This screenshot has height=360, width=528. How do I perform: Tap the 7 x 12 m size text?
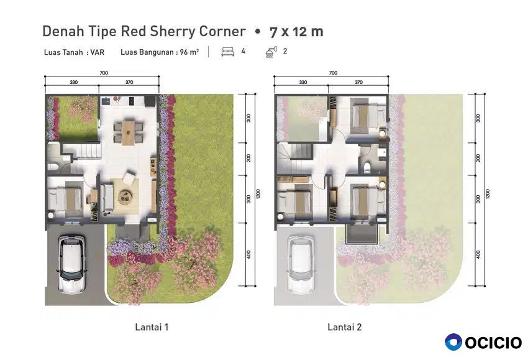(x=296, y=32)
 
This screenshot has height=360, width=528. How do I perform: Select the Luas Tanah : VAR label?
(x=74, y=52)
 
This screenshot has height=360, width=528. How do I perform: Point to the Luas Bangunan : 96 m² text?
(x=160, y=52)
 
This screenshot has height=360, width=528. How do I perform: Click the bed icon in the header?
(x=228, y=52)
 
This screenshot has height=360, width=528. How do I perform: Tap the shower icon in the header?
(x=271, y=52)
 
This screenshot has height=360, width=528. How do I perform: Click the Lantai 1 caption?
(x=152, y=327)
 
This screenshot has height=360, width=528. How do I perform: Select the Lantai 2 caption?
(x=345, y=327)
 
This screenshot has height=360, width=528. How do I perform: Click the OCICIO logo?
(x=483, y=342)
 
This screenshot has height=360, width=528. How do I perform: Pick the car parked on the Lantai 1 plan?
(x=71, y=263)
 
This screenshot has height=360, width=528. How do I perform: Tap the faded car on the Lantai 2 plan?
(x=301, y=263)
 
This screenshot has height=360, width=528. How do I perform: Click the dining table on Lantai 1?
(x=128, y=132)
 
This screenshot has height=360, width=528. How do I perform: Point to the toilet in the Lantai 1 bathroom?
(x=53, y=167)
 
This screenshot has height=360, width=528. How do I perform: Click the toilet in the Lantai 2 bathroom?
(x=367, y=167)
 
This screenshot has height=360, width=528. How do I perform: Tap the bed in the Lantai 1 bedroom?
(x=65, y=200)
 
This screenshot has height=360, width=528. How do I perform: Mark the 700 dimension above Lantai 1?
(x=104, y=73)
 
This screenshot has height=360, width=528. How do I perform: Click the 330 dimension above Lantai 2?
(x=303, y=82)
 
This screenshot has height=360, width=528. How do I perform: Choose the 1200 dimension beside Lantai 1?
(x=258, y=193)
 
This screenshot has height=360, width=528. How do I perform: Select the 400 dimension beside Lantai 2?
(x=478, y=254)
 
